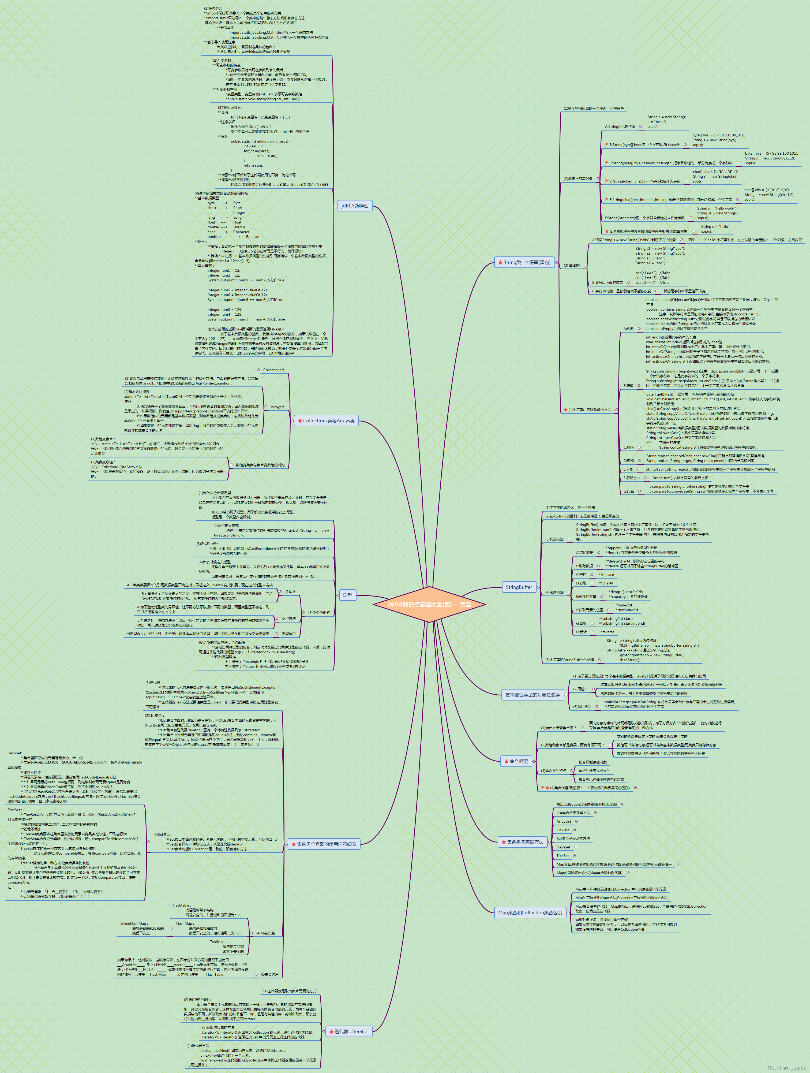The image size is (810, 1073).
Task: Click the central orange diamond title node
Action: click(429, 604)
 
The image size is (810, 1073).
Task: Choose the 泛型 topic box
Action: click(348, 595)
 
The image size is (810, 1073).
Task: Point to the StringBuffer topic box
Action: click(519, 587)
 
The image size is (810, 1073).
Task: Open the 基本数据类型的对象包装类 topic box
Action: click(532, 695)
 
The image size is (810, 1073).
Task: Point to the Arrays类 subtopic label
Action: click(278, 407)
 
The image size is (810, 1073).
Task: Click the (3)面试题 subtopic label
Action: click(572, 265)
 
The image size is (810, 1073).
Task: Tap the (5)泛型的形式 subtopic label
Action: click(319, 613)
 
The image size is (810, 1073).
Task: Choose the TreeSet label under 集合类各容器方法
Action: click(563, 856)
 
